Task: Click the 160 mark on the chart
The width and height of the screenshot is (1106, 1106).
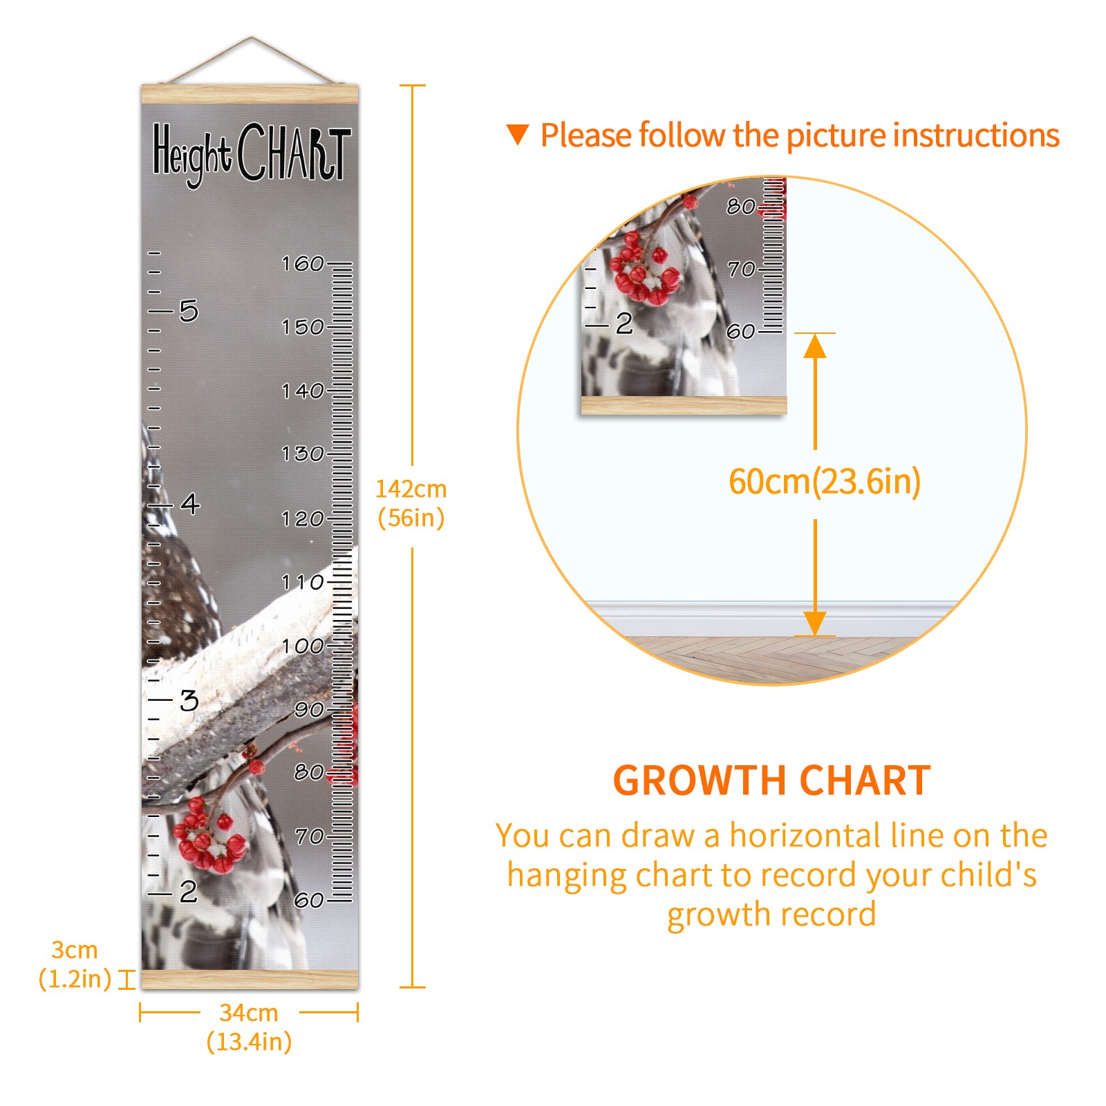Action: (x=303, y=263)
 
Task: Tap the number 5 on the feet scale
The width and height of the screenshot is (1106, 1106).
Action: (x=189, y=311)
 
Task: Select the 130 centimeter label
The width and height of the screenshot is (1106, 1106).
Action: (x=303, y=454)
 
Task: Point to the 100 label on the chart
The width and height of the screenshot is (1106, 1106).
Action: (x=303, y=646)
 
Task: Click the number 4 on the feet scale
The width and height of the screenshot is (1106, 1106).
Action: (x=190, y=503)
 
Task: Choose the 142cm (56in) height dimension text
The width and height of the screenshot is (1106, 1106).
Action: (x=411, y=503)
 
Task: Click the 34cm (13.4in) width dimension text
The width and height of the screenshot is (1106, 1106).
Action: (x=249, y=1027)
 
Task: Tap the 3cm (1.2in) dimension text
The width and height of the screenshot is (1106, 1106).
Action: (x=75, y=964)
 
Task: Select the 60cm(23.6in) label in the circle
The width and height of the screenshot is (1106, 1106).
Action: (x=825, y=482)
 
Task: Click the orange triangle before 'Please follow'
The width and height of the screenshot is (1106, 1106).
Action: (x=518, y=134)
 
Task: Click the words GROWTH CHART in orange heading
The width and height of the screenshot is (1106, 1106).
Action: (x=772, y=780)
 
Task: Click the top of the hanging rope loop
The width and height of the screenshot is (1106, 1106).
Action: (x=252, y=38)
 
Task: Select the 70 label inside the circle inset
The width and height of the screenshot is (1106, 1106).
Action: (x=741, y=268)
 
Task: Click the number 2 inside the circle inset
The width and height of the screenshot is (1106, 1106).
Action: (x=624, y=324)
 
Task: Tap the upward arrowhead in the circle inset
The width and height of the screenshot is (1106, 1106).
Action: (x=815, y=346)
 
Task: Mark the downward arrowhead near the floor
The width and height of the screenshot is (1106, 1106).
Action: (x=815, y=623)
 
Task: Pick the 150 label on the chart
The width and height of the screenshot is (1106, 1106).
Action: (x=303, y=327)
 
